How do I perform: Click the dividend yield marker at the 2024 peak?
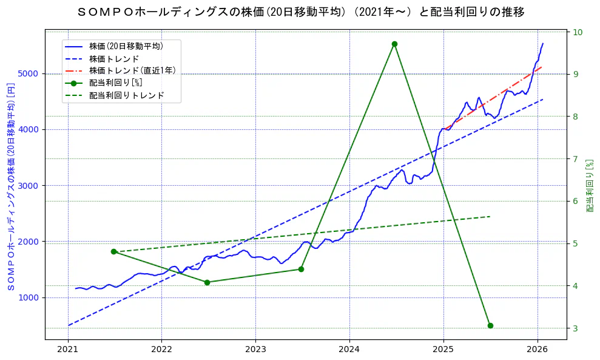(x=394, y=44)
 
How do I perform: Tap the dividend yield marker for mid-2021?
(x=113, y=251)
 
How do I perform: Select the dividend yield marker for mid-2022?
(x=207, y=282)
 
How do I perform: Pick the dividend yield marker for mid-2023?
(x=301, y=269)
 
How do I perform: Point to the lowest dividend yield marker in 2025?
(x=490, y=325)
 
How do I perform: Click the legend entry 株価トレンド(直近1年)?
(x=132, y=70)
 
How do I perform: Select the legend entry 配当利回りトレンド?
(x=126, y=95)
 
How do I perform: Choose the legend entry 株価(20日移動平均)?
(x=126, y=46)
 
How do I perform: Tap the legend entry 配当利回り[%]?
(x=115, y=83)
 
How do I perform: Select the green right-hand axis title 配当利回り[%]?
(x=590, y=185)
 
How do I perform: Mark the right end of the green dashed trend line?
(x=490, y=216)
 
